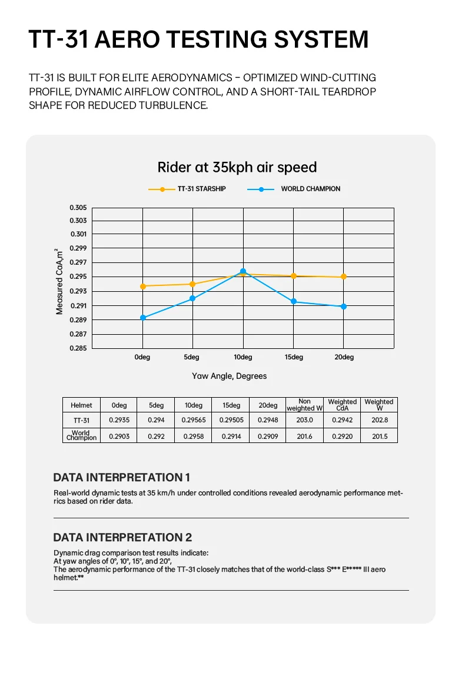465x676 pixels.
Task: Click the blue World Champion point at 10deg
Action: click(243, 271)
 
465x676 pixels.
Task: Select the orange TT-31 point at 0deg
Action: click(142, 286)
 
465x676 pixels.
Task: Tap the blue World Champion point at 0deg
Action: click(142, 318)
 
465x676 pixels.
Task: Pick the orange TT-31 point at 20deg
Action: click(344, 277)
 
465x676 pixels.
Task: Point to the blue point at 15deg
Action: click(293, 302)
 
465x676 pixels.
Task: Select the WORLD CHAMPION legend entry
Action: click(310, 189)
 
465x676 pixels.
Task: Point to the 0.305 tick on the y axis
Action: click(78, 208)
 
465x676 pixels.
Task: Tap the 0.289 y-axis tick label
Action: click(78, 320)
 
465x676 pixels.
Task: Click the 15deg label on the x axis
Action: click(293, 357)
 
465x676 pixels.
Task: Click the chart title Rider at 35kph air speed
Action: click(237, 167)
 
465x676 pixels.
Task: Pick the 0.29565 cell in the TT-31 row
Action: click(194, 420)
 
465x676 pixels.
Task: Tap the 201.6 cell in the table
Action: click(304, 436)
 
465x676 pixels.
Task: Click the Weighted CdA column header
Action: click(342, 405)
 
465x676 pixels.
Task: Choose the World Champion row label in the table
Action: click(81, 435)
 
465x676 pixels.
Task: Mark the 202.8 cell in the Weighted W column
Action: click(379, 420)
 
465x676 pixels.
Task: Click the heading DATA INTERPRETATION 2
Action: click(122, 537)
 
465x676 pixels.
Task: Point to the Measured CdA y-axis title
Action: click(59, 282)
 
